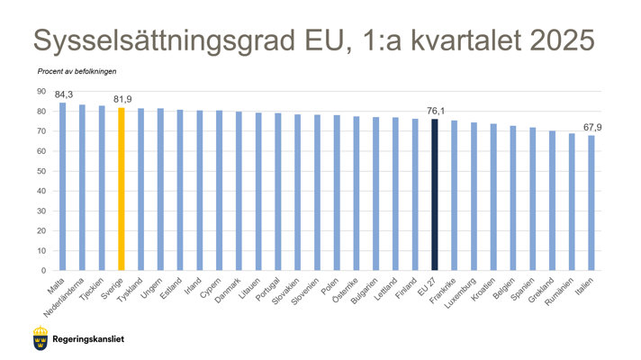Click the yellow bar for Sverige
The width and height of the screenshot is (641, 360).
tap(121, 189)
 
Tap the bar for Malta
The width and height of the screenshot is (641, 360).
tap(62, 186)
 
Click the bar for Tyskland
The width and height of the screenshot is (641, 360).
tap(140, 189)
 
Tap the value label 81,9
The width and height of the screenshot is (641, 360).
tap(122, 99)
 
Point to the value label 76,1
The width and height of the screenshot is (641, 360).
tap(436, 111)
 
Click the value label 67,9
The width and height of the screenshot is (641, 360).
tap(592, 127)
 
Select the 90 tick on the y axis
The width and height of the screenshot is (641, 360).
tap(41, 92)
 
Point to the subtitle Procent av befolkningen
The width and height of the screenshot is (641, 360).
tap(77, 70)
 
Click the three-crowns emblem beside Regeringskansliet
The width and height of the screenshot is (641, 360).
tap(39, 339)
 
